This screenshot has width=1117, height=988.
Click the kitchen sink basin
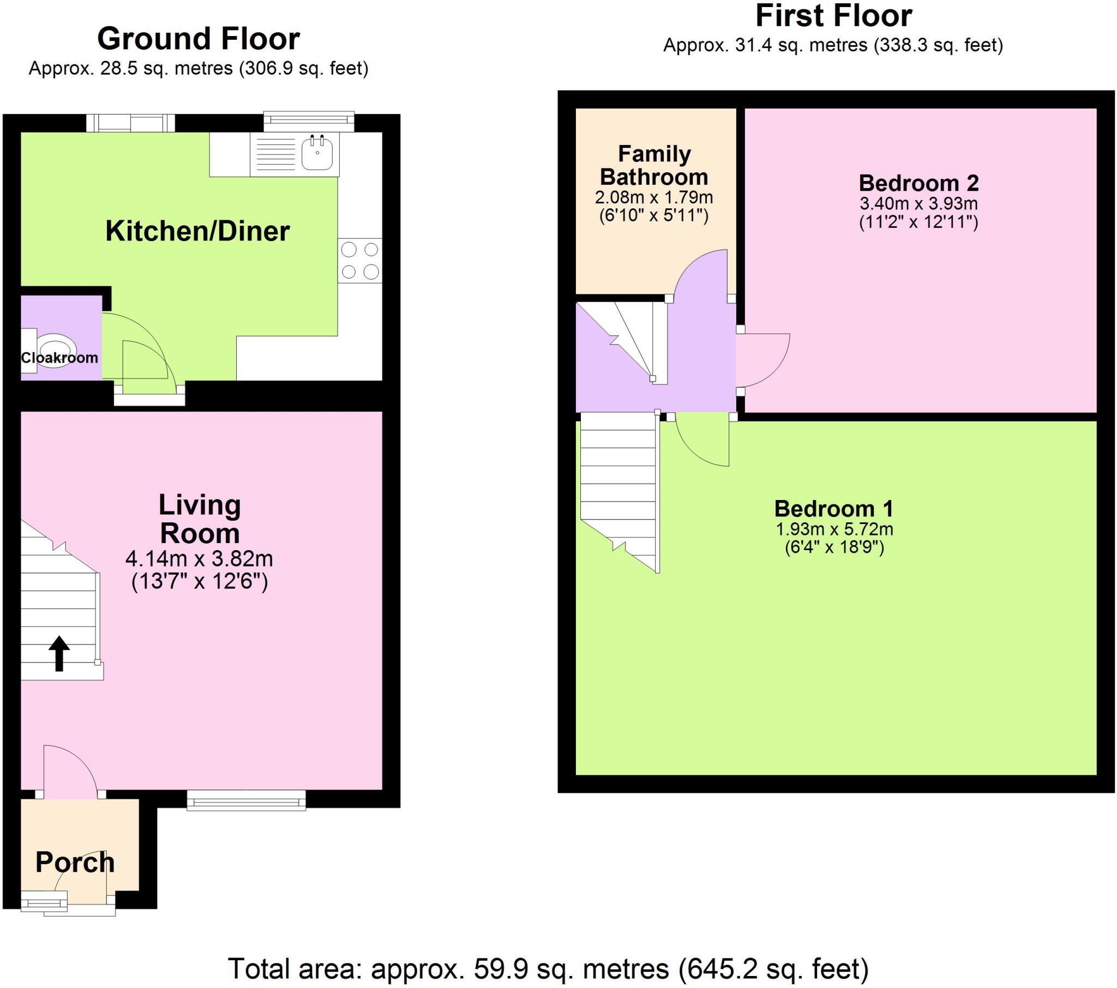pos(317,154)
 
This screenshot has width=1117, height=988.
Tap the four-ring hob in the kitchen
pos(359,261)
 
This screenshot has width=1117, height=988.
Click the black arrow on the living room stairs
pos(59,653)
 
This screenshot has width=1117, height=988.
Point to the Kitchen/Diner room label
pos(197,231)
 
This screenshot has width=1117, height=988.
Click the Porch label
pos(75,862)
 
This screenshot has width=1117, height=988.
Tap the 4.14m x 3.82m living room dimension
pos(200,558)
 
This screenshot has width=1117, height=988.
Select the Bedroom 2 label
pos(918,183)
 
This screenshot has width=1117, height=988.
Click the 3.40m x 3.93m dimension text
pos(918,204)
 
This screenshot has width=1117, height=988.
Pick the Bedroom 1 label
pos(834,509)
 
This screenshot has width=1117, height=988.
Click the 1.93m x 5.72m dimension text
pos(834,529)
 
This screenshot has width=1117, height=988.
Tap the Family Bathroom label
pos(654,166)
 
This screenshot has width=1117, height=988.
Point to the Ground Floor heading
pos(199,39)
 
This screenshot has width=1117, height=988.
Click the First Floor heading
pos(833,16)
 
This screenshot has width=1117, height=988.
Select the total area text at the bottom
pos(548,969)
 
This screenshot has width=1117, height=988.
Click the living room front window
pos(246,800)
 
